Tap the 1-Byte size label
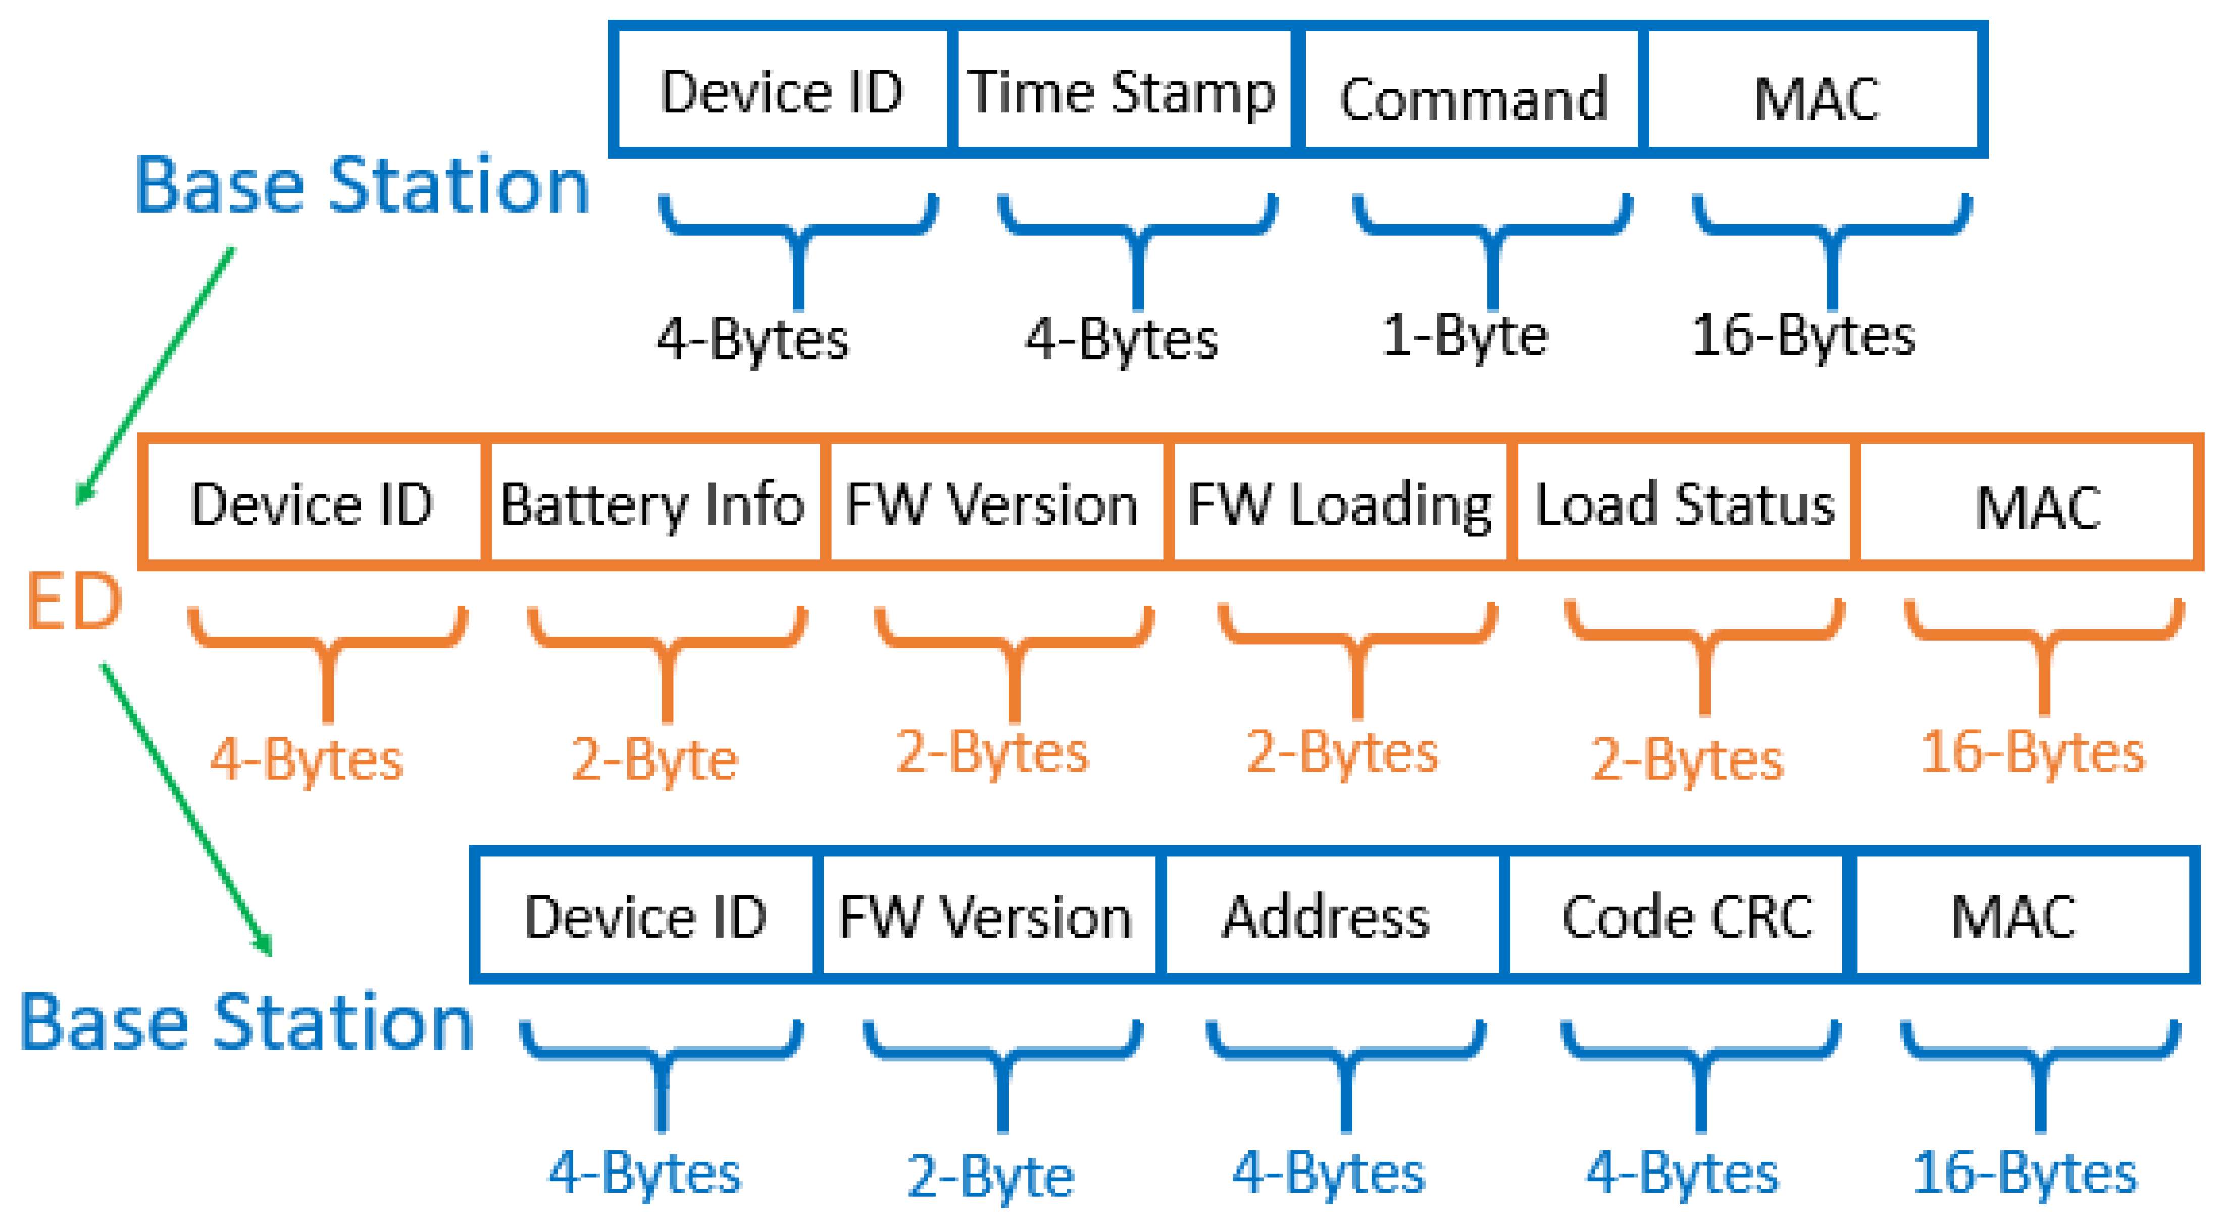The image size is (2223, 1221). (x=1466, y=336)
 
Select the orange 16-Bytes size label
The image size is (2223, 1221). (x=2032, y=752)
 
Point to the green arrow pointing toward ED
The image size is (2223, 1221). (x=156, y=375)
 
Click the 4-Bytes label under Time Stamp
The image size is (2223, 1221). (x=1122, y=338)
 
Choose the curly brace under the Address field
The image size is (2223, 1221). (x=1346, y=1070)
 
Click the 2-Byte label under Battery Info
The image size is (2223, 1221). (x=654, y=760)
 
